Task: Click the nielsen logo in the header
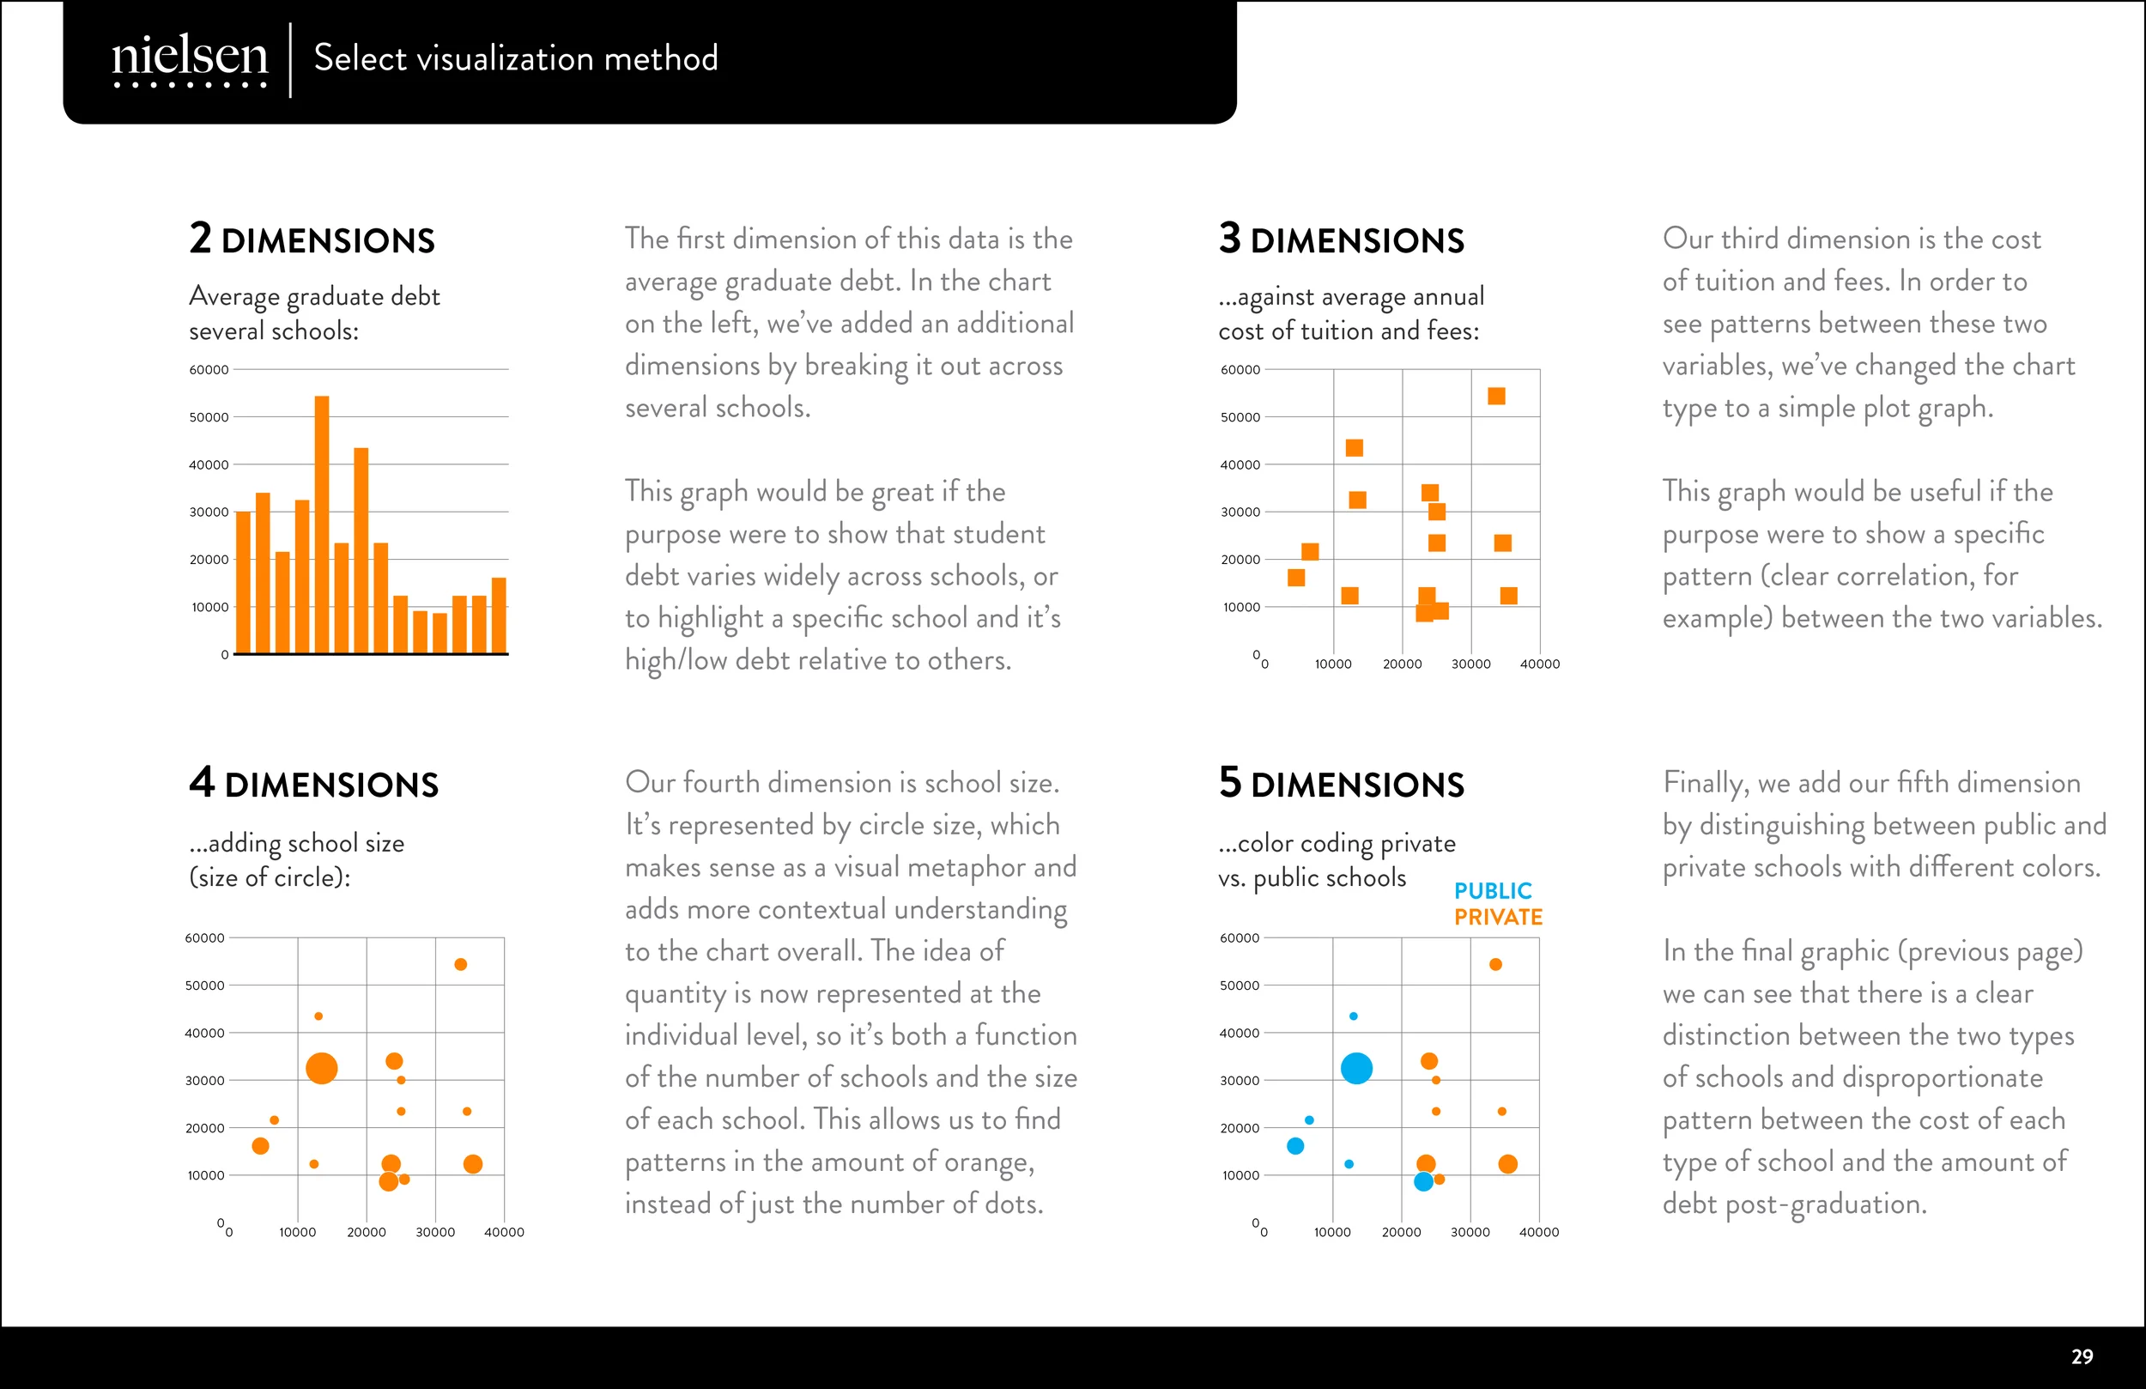point(190,60)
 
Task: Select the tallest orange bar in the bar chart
point(322,525)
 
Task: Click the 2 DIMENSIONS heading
point(312,238)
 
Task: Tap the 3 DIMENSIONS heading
point(1342,238)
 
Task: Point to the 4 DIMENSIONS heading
point(314,782)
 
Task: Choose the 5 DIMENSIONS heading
point(1342,782)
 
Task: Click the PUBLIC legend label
point(1493,891)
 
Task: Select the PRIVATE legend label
point(1499,918)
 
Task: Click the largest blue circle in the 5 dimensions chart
point(1356,1069)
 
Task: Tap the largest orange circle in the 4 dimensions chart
point(322,1069)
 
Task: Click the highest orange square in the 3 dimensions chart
point(1496,396)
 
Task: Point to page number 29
point(2082,1357)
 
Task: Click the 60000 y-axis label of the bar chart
point(209,370)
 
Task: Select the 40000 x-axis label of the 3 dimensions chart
point(1540,664)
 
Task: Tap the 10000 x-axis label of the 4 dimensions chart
point(298,1232)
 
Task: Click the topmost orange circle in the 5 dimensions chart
point(1496,964)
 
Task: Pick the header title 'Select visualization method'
point(516,58)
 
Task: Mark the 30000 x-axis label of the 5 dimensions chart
point(1470,1232)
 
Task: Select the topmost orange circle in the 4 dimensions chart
point(461,964)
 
